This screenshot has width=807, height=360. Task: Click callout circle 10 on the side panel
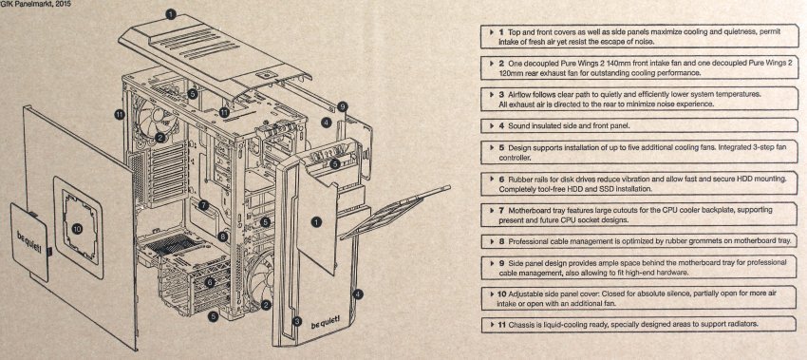[x=77, y=229]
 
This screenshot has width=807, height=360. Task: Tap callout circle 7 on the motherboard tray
[x=203, y=205]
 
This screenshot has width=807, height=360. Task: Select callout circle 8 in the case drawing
[x=222, y=237]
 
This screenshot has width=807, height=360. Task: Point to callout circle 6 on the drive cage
[x=210, y=282]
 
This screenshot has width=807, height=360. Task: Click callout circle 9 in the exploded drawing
[x=343, y=107]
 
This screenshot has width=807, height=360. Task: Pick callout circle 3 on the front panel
[x=296, y=322]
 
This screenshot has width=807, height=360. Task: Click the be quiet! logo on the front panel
[x=326, y=325]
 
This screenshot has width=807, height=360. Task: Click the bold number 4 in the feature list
[x=502, y=125]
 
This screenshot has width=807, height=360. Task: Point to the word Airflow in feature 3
[x=521, y=94]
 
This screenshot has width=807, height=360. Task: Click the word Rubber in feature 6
[x=520, y=179]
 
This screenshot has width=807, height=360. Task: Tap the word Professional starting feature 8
[x=530, y=241]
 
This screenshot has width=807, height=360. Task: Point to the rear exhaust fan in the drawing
[x=157, y=119]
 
